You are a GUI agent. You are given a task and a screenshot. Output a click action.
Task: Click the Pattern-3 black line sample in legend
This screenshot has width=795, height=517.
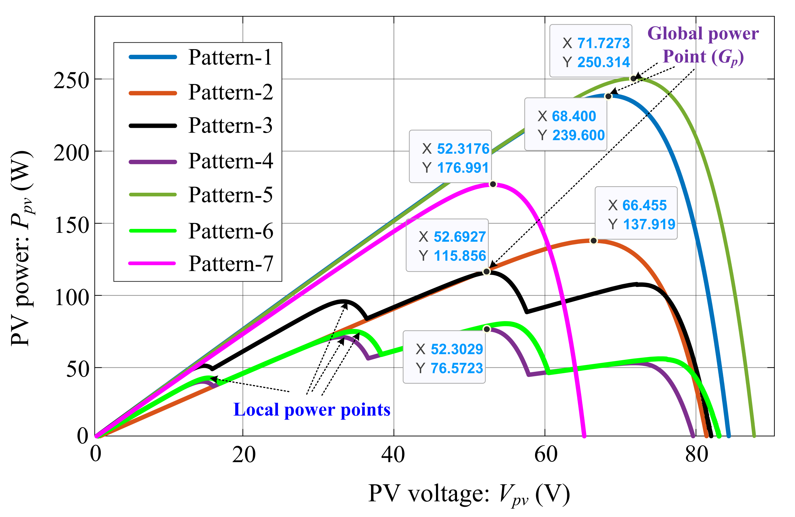coord(153,126)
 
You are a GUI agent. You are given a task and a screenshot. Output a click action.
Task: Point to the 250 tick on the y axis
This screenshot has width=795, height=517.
coord(71,81)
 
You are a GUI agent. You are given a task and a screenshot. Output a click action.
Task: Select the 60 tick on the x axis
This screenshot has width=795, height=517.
coord(546,455)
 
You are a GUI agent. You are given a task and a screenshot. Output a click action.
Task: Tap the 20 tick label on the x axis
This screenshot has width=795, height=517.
coord(243,455)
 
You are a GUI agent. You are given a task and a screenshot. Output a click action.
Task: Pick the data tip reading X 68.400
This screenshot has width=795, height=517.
coord(565,124)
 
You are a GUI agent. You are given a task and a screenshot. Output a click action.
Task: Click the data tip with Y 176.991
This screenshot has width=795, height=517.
coord(450,157)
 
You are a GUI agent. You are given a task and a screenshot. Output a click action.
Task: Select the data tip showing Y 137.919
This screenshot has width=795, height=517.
coord(636,213)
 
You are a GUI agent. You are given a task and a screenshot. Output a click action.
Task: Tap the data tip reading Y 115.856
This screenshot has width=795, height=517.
coord(447,245)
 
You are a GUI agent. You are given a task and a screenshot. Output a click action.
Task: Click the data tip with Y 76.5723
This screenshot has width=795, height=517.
coord(444,357)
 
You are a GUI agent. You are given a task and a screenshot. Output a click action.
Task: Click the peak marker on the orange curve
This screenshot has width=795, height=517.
coord(594,241)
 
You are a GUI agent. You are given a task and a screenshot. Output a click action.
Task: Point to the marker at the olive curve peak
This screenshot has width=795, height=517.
coord(633,79)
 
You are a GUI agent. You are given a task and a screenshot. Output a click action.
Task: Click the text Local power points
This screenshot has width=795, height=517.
coord(312,410)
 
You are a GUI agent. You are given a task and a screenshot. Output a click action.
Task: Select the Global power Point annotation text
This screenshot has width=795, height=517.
coord(703,45)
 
